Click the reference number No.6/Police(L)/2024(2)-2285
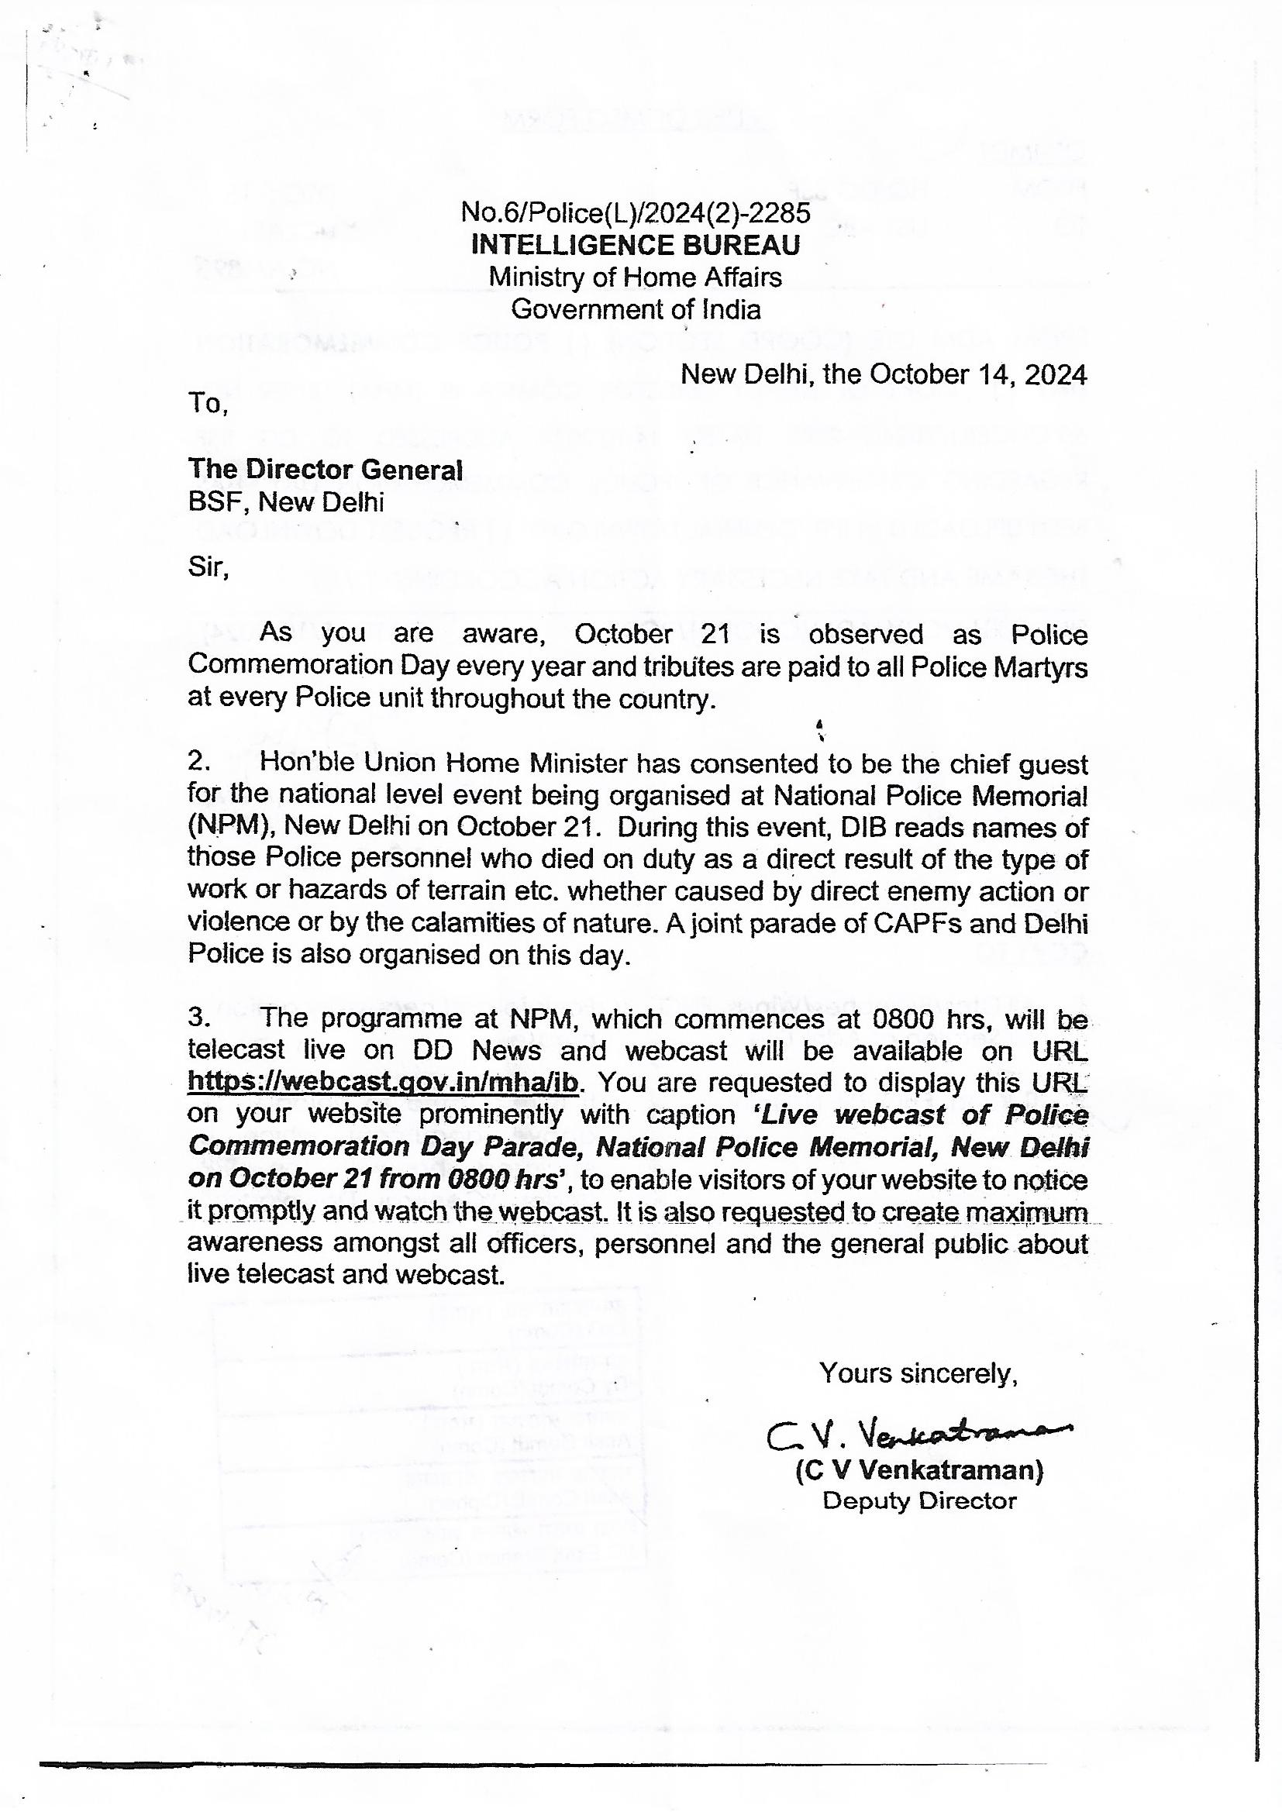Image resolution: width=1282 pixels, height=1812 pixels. (x=636, y=212)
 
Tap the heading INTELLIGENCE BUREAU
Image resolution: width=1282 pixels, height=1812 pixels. (x=636, y=246)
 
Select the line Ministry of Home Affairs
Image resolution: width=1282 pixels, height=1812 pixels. (x=636, y=277)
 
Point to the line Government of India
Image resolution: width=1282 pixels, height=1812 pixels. (x=636, y=308)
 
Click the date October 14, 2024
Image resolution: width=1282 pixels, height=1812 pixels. (x=978, y=374)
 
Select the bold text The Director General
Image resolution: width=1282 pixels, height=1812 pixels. (x=326, y=470)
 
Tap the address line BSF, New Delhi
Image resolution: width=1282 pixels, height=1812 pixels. (x=286, y=502)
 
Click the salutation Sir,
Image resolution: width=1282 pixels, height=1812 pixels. (x=208, y=567)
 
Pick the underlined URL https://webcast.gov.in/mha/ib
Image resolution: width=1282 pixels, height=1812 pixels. (x=383, y=1082)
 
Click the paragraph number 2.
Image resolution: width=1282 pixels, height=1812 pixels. (x=199, y=761)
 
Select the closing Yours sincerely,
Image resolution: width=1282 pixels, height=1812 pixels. (x=918, y=1373)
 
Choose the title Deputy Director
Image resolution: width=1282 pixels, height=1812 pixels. (x=920, y=1500)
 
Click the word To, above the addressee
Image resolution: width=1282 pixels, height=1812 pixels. (x=208, y=403)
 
